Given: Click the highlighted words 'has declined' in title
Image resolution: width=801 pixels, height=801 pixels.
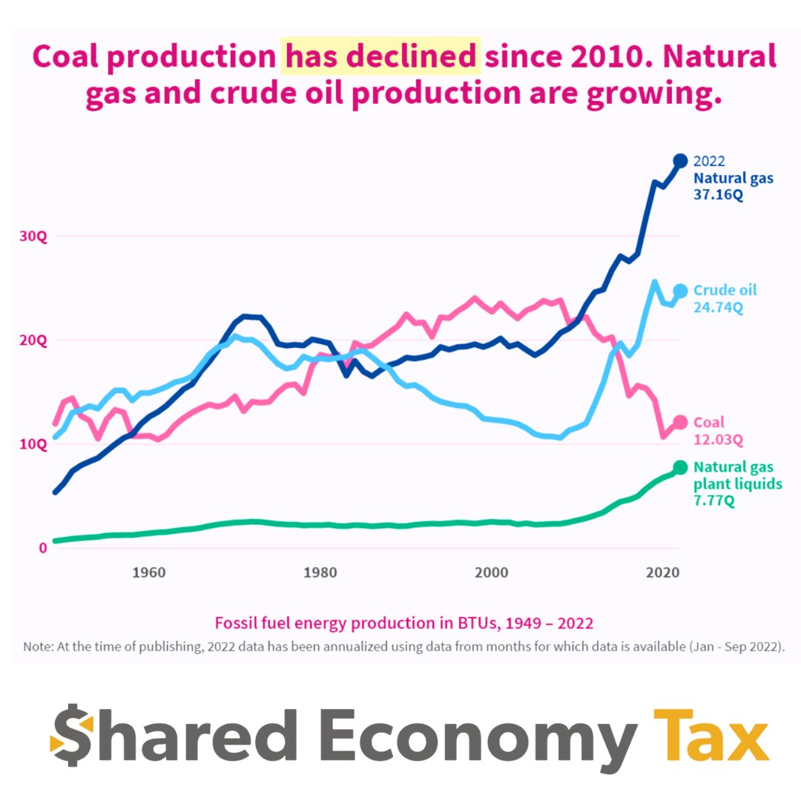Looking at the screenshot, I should click(x=380, y=56).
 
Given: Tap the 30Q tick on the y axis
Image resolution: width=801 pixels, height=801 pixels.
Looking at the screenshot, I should click(x=33, y=237).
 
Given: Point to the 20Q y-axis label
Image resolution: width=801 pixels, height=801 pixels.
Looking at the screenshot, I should click(x=33, y=340).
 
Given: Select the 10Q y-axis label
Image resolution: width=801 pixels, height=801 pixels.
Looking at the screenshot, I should click(x=33, y=444).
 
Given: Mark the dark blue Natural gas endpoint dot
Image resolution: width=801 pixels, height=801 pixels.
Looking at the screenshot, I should click(x=680, y=161).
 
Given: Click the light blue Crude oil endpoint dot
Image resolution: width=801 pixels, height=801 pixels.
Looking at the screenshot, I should click(x=680, y=291).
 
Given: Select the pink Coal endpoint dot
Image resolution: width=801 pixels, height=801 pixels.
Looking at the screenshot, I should click(x=680, y=423).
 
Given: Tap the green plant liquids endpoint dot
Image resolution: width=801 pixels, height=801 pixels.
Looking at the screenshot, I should click(x=680, y=467).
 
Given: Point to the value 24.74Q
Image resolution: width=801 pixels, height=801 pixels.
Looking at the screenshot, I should click(x=718, y=308).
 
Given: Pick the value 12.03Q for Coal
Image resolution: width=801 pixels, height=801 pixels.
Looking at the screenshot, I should click(x=718, y=440).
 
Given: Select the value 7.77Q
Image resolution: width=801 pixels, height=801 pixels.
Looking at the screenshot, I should click(x=713, y=501).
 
